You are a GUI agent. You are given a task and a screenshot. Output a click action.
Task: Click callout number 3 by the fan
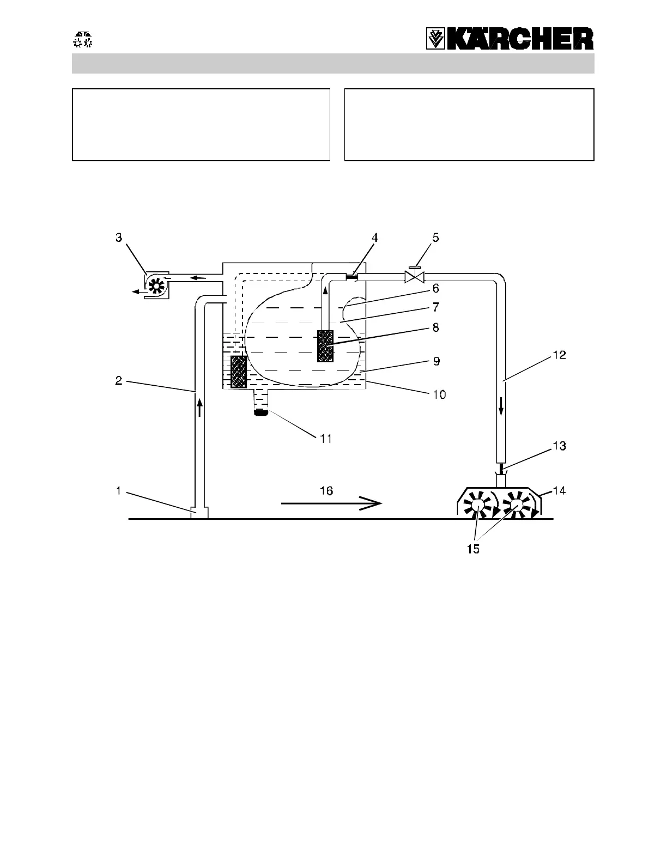tap(119, 239)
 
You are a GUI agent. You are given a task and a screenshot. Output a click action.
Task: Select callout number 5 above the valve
tap(436, 238)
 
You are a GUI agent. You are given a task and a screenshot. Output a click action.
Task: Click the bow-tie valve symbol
tap(415, 277)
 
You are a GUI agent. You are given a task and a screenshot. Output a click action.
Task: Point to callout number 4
tap(374, 238)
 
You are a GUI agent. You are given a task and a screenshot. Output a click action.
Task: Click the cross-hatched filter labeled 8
tap(325, 345)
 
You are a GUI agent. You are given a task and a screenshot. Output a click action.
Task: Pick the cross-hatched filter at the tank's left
tap(239, 372)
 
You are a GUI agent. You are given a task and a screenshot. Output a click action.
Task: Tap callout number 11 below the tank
tap(325, 438)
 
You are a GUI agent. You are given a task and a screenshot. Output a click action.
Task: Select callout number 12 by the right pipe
tap(559, 355)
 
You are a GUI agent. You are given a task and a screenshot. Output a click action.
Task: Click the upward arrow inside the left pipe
tap(200, 408)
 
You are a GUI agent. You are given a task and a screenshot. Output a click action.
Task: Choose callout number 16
tap(326, 490)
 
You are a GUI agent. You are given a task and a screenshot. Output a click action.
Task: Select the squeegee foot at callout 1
tap(200, 513)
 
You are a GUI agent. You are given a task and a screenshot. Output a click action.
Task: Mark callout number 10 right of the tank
tap(439, 394)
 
